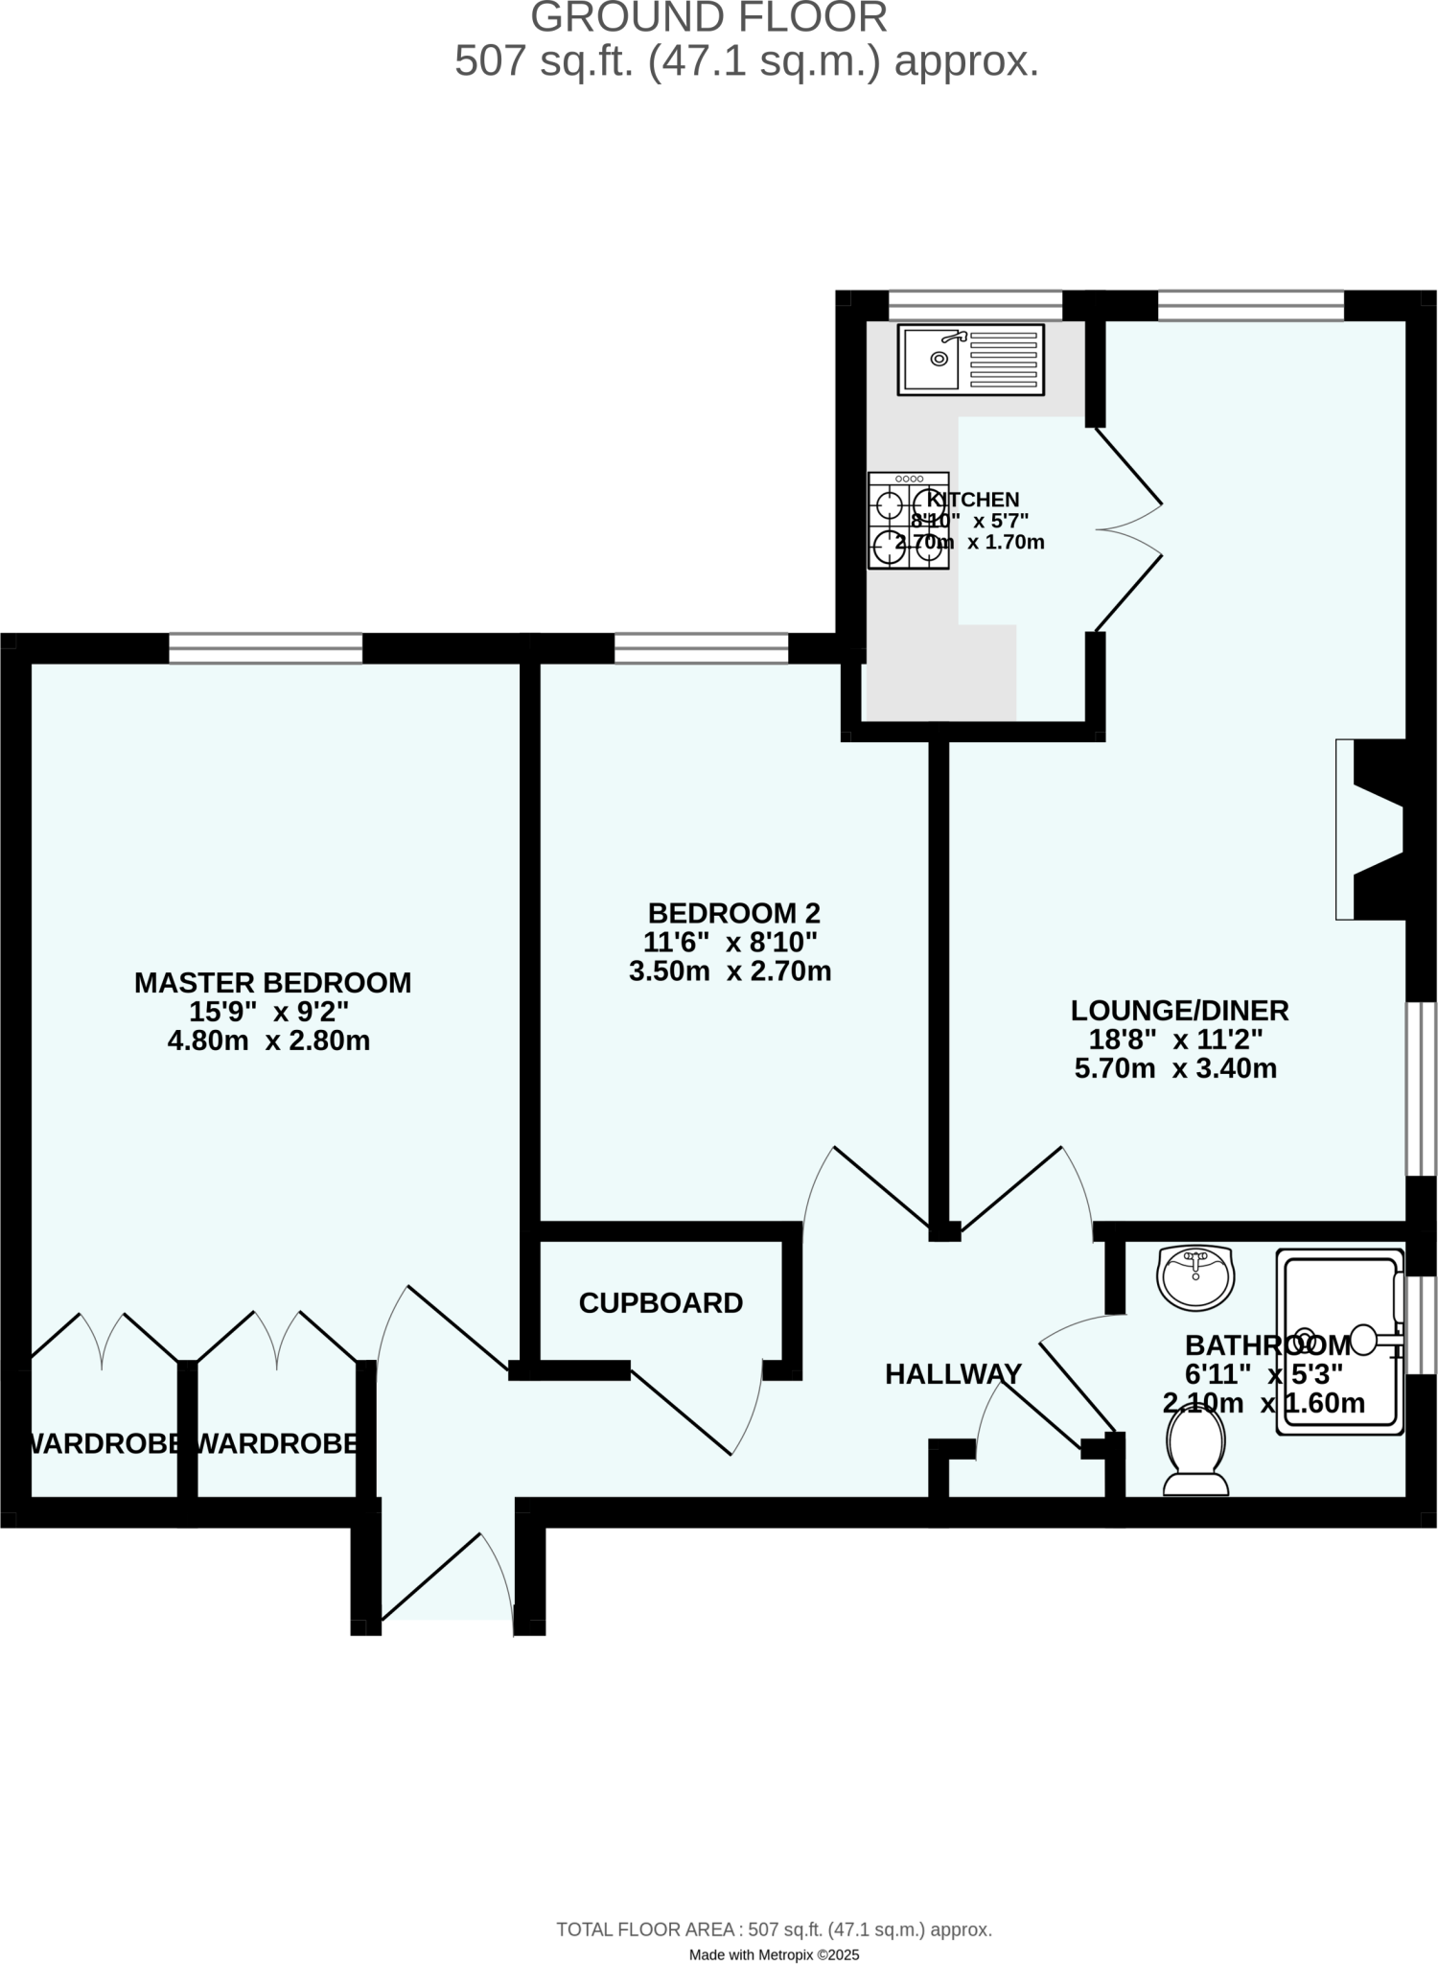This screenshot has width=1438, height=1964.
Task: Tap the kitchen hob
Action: [x=908, y=521]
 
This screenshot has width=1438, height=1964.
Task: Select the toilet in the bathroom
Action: [x=1195, y=1454]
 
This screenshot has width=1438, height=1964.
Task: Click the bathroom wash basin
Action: [x=1194, y=1277]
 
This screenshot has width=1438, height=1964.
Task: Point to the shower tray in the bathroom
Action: [x=1339, y=1341]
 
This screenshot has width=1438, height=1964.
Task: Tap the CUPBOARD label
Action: [x=661, y=1303]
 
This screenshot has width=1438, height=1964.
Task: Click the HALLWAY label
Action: [x=953, y=1374]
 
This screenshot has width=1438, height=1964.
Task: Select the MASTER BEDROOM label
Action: [x=272, y=983]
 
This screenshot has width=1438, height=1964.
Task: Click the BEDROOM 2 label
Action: [x=733, y=913]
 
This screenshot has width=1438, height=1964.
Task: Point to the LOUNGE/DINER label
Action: [x=1179, y=1010]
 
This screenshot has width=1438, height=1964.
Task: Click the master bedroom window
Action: [x=266, y=648]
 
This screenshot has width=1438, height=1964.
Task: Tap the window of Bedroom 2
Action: [x=701, y=648]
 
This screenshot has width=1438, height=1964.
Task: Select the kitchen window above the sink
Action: [x=975, y=306]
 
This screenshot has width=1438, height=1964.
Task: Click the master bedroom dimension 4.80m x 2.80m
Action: [x=268, y=1040]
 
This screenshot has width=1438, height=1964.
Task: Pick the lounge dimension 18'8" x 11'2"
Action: [x=1175, y=1040]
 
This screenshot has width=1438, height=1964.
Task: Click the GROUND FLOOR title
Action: [x=708, y=18]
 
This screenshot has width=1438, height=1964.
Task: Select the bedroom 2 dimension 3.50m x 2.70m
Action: [x=730, y=971]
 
